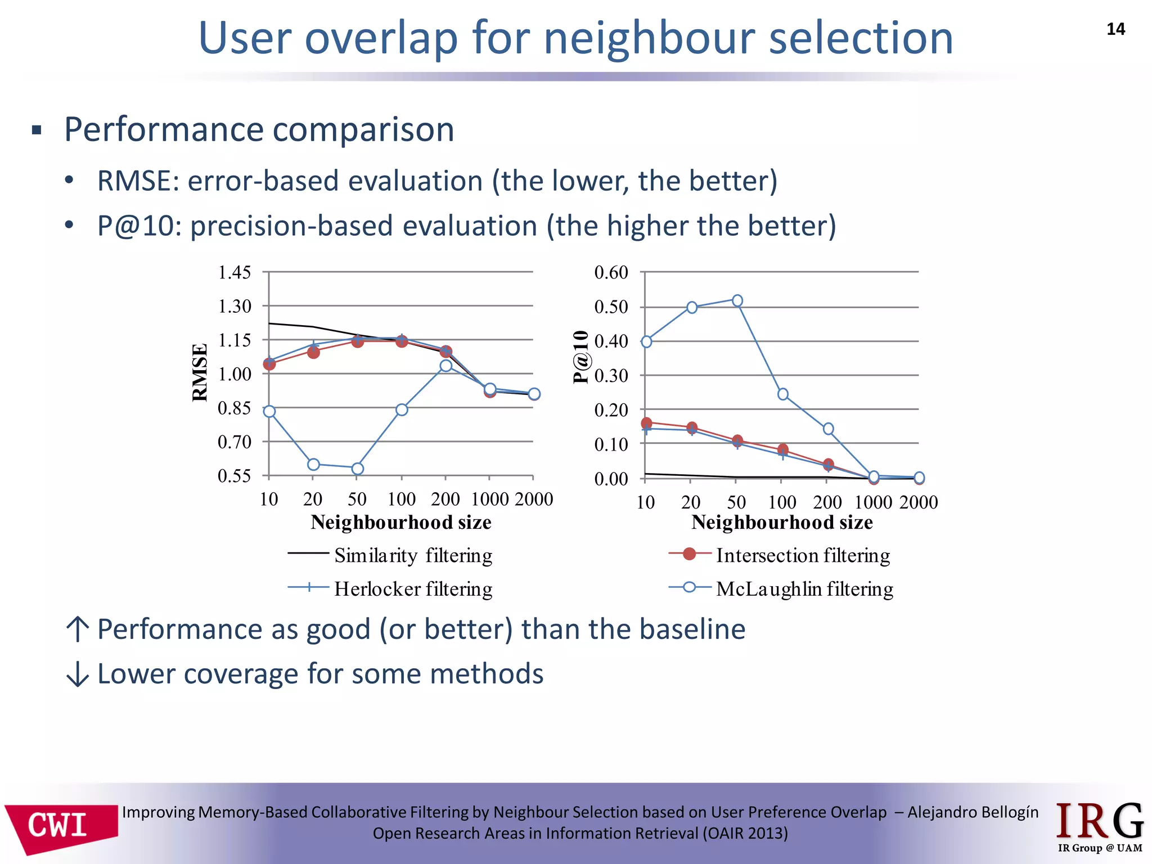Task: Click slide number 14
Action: (1115, 29)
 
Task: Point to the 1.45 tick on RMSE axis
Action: (234, 273)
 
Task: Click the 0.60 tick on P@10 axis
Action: (611, 273)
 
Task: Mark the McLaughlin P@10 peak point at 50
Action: (737, 300)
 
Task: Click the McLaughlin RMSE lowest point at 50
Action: (357, 469)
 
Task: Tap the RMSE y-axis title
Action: (200, 372)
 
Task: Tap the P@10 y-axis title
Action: (580, 357)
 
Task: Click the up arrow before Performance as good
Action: (77, 629)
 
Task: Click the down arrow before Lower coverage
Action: (77, 674)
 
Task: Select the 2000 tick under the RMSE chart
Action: (534, 499)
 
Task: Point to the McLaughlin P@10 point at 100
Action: (782, 394)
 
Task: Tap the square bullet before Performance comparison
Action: (37, 130)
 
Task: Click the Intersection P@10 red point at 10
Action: (646, 423)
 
